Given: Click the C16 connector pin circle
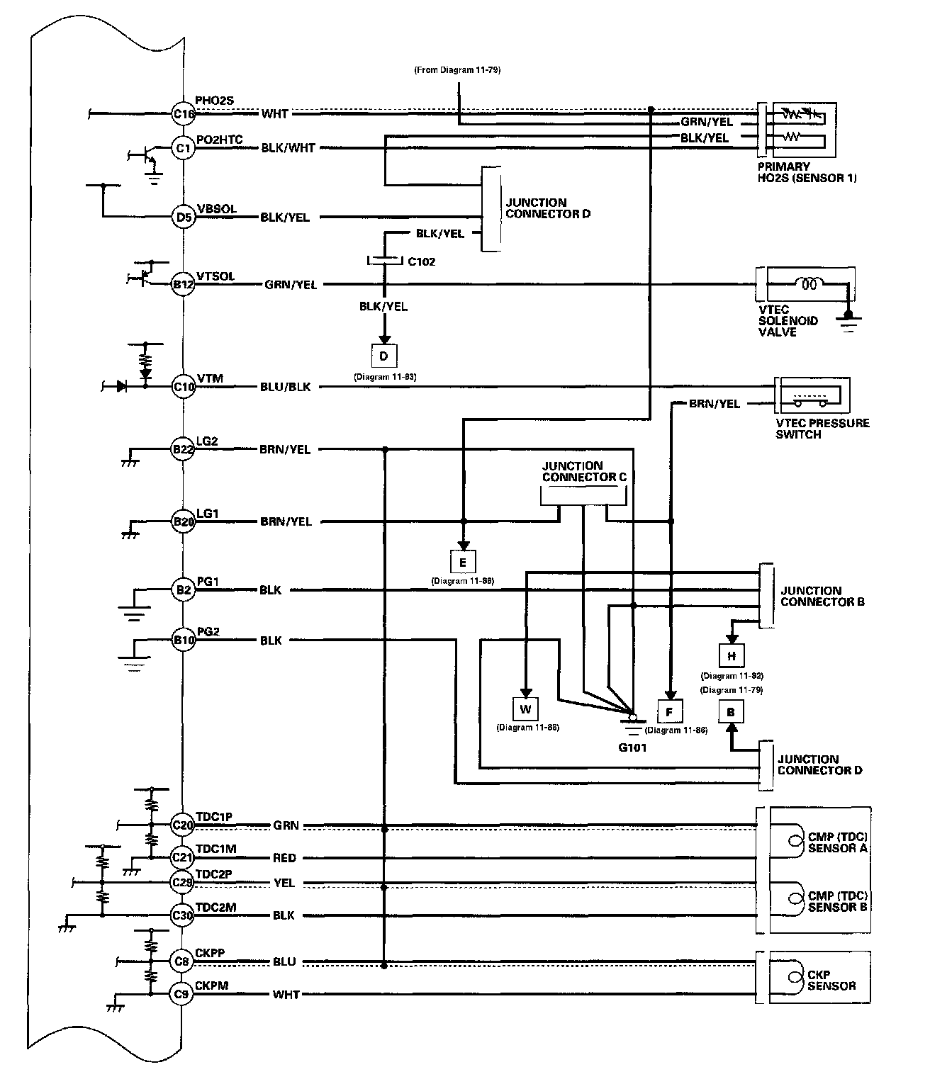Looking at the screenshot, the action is (183, 114).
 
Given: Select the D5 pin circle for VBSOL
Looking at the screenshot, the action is (184, 217).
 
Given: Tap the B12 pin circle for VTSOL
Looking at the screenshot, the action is (183, 284).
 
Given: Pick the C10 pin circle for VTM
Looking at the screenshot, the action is (184, 387).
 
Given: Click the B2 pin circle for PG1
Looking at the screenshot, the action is (183, 590).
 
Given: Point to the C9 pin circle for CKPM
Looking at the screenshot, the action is (181, 994).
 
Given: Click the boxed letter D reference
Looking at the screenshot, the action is (384, 356).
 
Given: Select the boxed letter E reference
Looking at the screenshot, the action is (463, 563).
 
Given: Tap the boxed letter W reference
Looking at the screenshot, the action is (526, 709).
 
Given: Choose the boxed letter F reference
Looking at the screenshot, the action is (670, 711).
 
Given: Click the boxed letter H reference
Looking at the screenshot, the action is (732, 655).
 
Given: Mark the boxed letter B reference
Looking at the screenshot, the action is (731, 712).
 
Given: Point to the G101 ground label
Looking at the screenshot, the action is (632, 747).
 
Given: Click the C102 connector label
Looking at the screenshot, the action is (422, 261).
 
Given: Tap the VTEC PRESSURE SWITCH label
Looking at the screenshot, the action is (822, 429).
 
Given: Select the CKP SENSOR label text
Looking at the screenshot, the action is (831, 980).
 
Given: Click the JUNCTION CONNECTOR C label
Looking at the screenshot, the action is (584, 471).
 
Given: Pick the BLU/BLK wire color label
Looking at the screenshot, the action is (286, 387).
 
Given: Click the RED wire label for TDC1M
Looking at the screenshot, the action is (284, 858).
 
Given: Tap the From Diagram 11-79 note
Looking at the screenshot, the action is (458, 69).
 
